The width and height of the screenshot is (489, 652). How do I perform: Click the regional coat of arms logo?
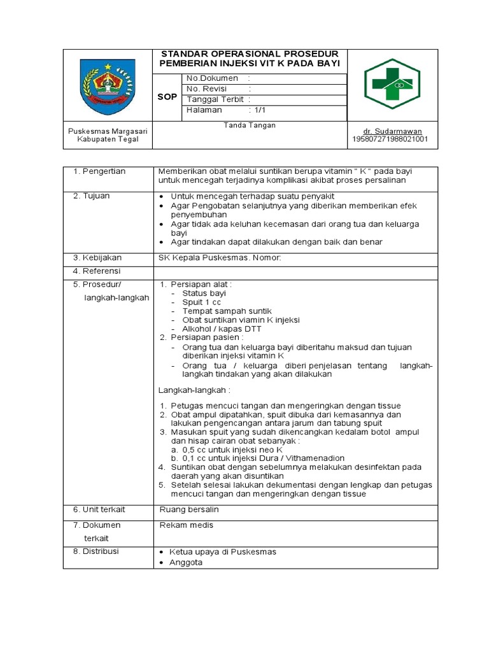107,85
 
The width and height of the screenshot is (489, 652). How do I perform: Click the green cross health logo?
392,84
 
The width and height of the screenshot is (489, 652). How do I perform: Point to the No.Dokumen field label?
212,78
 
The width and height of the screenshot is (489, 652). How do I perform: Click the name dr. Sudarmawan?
393,131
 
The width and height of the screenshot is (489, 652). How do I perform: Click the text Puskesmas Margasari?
108,131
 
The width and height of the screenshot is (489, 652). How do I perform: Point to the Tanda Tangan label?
250,125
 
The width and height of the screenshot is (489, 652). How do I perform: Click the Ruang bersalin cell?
188,509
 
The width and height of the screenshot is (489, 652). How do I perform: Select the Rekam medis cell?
186,525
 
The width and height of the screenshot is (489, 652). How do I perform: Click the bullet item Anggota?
185,562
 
